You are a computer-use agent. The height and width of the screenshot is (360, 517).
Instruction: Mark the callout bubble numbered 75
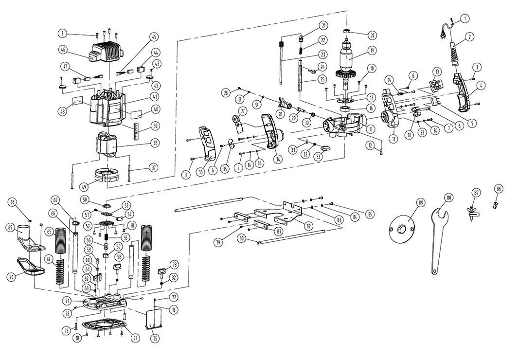(155, 338)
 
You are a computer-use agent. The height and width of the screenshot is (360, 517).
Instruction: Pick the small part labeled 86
(496, 204)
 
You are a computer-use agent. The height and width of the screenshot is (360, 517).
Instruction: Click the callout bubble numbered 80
(241, 238)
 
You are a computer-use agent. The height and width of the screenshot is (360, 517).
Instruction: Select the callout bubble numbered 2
(470, 36)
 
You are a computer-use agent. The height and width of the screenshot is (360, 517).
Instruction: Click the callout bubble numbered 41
(154, 96)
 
